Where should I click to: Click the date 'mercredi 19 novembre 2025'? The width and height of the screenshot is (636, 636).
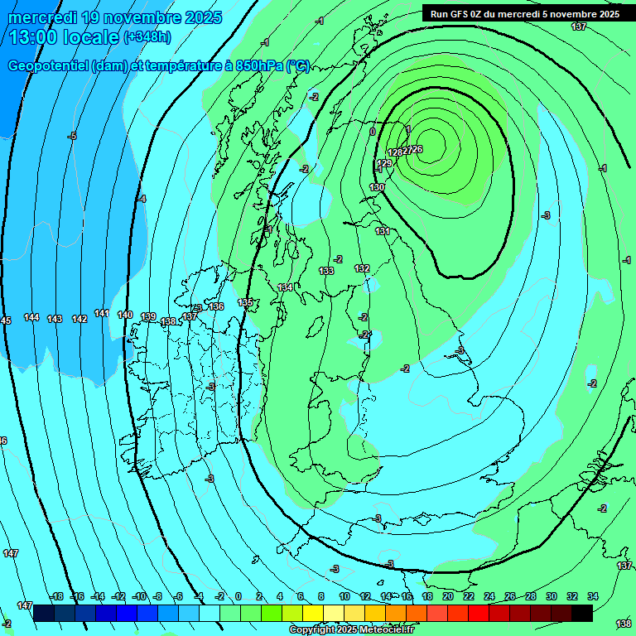(x=115, y=17)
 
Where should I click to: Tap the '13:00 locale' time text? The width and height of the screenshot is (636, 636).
(x=65, y=37)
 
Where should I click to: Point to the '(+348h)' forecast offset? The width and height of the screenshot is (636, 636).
(x=147, y=37)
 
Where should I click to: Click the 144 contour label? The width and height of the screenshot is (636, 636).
(x=31, y=318)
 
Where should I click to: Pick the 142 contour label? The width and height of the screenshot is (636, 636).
(x=79, y=319)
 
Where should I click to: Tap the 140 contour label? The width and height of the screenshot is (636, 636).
(x=125, y=315)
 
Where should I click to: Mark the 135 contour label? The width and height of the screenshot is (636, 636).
(x=245, y=303)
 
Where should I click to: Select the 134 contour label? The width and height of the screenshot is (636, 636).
(x=285, y=287)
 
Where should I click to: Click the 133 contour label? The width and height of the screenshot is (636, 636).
(x=326, y=271)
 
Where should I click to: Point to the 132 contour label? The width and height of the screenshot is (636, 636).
(x=362, y=268)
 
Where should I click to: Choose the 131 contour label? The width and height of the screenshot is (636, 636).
(x=382, y=231)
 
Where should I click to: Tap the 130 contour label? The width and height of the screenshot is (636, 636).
(x=377, y=188)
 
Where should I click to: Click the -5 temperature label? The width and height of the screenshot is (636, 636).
(x=73, y=136)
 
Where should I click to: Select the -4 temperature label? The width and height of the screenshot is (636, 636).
(x=142, y=199)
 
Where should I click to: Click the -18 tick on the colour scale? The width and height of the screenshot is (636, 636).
(x=56, y=596)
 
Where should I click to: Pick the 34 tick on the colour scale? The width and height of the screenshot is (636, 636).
(x=592, y=596)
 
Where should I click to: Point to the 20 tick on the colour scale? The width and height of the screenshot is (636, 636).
(x=447, y=596)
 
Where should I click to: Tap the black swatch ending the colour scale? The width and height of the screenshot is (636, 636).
(x=582, y=612)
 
